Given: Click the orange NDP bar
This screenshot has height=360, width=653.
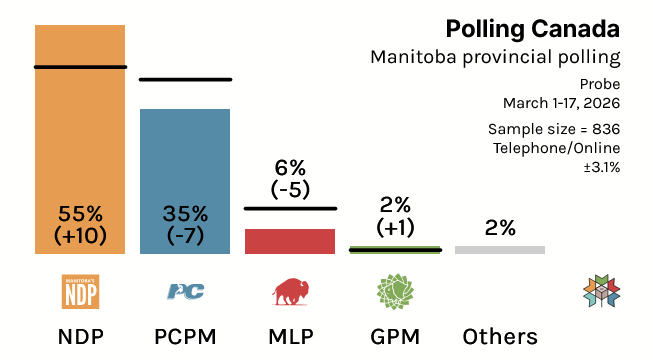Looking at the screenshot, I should click(80, 140).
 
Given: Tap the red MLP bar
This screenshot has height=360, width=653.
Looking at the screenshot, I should click(290, 241).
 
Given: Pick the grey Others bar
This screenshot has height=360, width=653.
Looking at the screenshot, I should click(500, 249).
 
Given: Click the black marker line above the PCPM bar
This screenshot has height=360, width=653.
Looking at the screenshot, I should click(185, 79).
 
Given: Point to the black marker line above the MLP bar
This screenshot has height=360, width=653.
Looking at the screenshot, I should click(290, 209).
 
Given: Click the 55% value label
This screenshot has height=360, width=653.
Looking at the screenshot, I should click(80, 213).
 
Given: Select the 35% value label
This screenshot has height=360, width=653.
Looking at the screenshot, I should click(185, 213).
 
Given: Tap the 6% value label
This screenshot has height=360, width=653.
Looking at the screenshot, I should click(290, 167).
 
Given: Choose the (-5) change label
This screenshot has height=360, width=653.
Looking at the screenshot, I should click(290, 188).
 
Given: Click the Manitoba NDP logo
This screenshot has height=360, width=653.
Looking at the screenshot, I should click(80, 291).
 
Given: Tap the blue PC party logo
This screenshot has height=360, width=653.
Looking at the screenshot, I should click(185, 291).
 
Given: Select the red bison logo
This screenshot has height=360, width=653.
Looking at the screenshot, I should click(290, 291).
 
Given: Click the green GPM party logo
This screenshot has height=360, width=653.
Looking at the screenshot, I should click(395, 291).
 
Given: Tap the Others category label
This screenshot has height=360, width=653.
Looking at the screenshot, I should click(500, 336).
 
